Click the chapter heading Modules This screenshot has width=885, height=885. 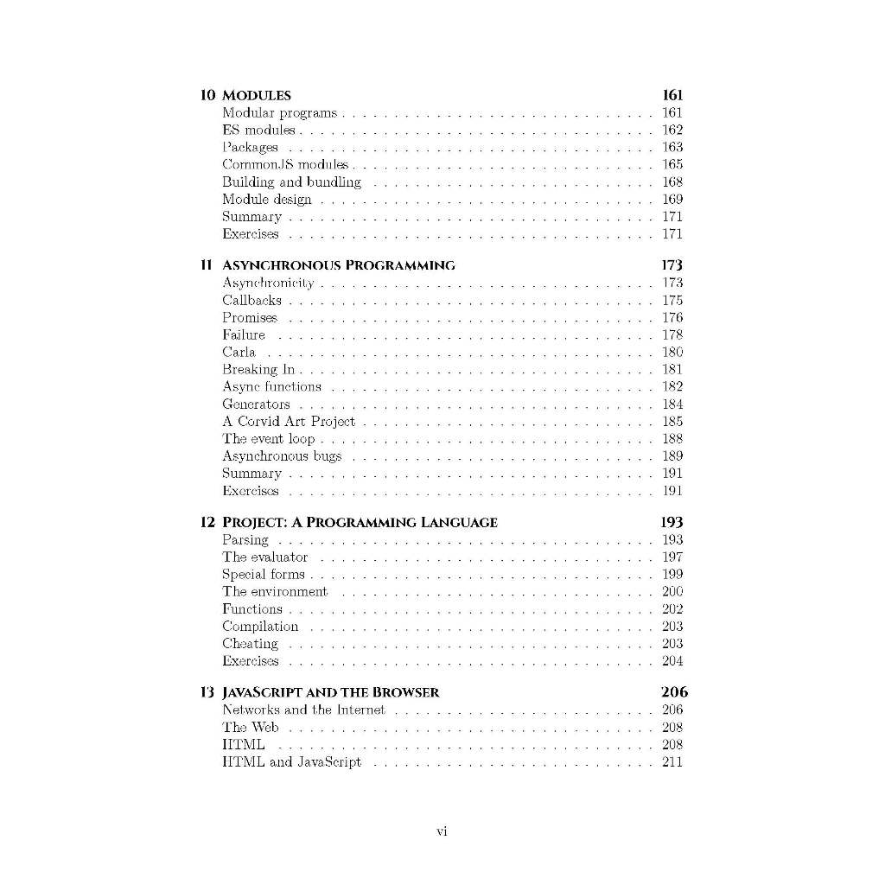point(257,96)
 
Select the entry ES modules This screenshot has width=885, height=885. point(258,131)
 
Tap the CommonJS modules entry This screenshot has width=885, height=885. point(285,164)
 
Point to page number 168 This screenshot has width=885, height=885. point(672,182)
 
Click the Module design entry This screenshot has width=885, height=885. point(266,200)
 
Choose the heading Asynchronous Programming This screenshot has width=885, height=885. point(339,265)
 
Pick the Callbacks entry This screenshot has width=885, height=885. point(251,301)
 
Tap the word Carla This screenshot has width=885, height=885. point(239,353)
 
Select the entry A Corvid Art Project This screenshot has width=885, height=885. point(289,422)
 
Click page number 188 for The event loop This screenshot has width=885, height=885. point(672,439)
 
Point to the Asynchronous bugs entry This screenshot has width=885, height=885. point(282,456)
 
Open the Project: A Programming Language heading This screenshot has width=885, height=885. point(360,522)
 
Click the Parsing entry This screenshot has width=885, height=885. point(245,540)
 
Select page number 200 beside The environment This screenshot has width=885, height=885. point(672,592)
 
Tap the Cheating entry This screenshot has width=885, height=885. point(250,644)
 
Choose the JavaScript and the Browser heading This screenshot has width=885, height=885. point(331,692)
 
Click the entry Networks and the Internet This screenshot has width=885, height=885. point(303,710)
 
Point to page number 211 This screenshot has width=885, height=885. point(672,762)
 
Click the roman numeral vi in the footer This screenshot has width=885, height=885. point(442,832)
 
